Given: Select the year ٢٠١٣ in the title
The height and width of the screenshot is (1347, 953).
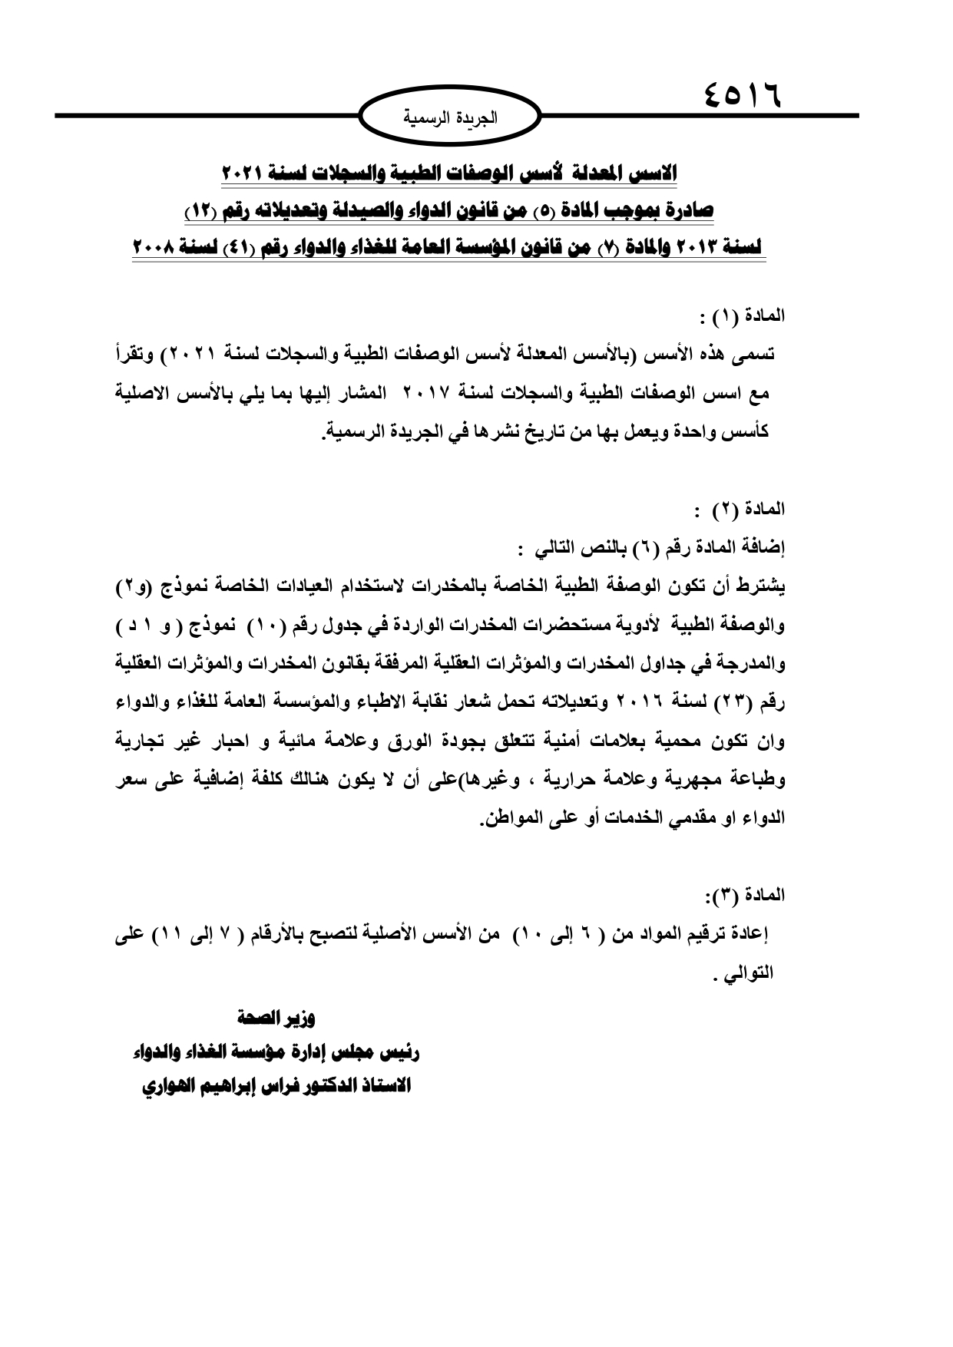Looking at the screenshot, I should [682, 248].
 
